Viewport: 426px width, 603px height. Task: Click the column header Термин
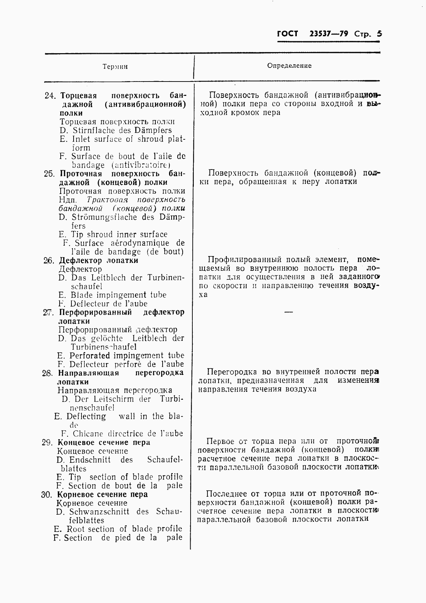click(115, 67)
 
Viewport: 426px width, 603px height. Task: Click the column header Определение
click(289, 65)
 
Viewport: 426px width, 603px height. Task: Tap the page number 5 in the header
click(379, 34)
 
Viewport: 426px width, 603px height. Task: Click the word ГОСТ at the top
click(287, 34)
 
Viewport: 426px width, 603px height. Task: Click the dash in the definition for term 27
click(289, 312)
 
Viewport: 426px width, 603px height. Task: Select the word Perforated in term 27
click(90, 356)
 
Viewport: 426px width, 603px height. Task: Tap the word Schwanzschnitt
click(99, 512)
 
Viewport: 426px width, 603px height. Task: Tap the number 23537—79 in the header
click(328, 34)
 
